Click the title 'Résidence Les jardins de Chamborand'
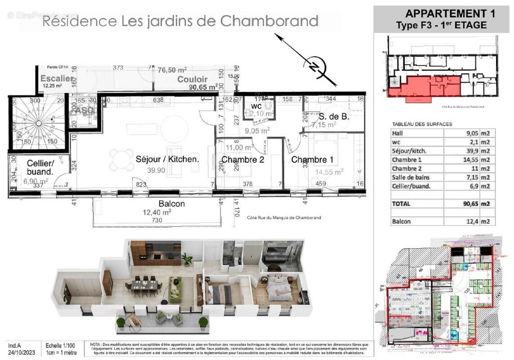tap(180, 21)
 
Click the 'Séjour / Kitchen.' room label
tap(167, 159)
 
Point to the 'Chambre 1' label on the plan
tap(309, 160)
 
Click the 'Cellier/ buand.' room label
tap(40, 167)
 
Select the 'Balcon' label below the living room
tap(172, 204)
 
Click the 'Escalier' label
tap(56, 78)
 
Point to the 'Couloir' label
tap(192, 80)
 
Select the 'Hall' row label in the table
tap(398, 133)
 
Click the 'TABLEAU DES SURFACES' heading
tap(422, 124)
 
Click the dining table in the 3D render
tap(145, 285)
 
